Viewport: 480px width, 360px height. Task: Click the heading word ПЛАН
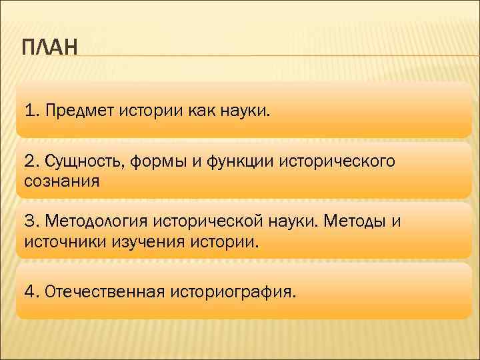click(50, 49)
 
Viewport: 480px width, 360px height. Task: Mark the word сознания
click(61, 181)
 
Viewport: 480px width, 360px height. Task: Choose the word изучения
click(147, 240)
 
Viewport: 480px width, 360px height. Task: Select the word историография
click(231, 291)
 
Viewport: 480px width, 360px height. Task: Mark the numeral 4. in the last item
click(32, 291)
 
